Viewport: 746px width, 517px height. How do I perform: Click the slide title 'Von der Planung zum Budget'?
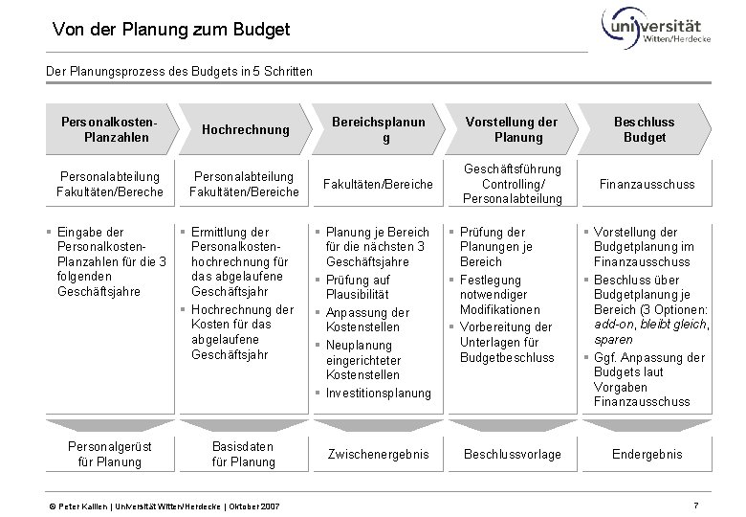coord(171,31)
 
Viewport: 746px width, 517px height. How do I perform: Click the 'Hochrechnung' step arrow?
coord(245,129)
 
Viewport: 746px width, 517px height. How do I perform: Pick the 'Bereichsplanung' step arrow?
coord(377,129)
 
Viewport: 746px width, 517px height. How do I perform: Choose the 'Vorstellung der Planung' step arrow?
coord(511,129)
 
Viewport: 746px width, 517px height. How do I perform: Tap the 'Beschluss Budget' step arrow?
coord(645,129)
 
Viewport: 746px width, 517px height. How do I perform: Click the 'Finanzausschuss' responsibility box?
coord(645,184)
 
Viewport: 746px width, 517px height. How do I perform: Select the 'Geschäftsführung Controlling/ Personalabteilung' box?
coord(513,184)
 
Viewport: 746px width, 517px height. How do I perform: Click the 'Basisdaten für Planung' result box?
coord(245,454)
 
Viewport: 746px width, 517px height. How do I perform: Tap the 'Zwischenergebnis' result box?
coord(378,454)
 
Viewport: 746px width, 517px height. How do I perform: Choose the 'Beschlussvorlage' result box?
coord(512,454)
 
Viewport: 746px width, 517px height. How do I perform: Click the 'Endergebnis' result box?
coord(647,454)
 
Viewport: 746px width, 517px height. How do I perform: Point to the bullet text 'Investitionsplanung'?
coord(379,393)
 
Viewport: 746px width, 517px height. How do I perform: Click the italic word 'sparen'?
coord(614,340)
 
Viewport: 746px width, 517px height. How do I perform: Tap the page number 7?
coord(696,504)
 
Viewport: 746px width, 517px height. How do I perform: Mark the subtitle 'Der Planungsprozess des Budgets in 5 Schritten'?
coord(179,71)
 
